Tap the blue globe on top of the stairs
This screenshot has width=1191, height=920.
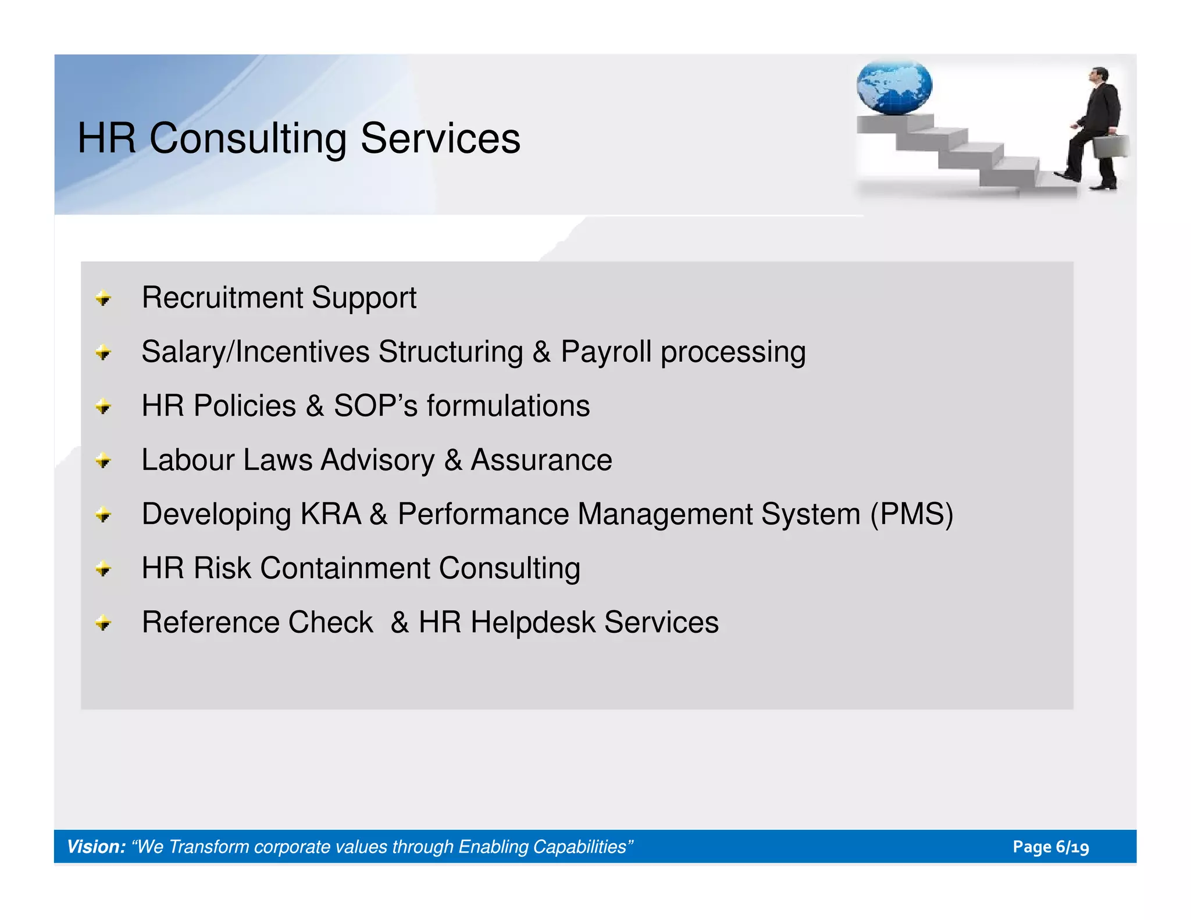click(894, 88)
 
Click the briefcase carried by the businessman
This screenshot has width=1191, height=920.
click(1110, 146)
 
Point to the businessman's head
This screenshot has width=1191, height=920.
click(1099, 75)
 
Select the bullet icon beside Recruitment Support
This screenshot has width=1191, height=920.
click(104, 299)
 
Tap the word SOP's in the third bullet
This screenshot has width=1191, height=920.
click(375, 406)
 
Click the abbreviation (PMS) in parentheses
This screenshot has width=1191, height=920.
click(911, 514)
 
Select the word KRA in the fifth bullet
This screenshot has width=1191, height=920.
click(330, 514)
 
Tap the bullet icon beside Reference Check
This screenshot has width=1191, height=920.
click(104, 623)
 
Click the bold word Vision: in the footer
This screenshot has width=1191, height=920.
click(96, 847)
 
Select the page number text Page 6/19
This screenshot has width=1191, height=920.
click(1050, 847)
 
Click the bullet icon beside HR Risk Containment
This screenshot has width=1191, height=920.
click(104, 569)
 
